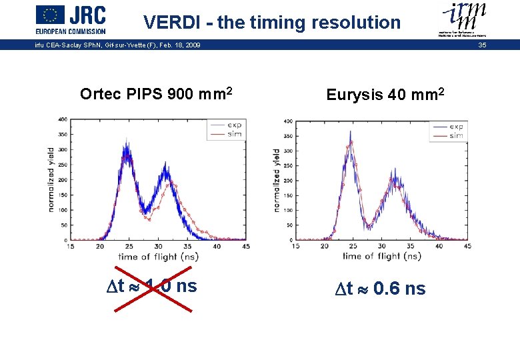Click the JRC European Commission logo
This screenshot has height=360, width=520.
(x=71, y=19)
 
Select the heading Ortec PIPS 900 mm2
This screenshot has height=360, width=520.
(x=156, y=93)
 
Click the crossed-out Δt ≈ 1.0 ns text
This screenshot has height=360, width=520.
(x=153, y=286)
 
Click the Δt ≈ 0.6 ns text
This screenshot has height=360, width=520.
(x=381, y=288)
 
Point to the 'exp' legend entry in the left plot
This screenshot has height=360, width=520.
(x=234, y=125)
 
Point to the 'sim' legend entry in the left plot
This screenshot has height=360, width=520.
(x=234, y=134)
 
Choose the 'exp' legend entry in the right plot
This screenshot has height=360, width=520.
(x=456, y=127)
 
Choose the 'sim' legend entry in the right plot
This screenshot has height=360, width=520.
(x=456, y=135)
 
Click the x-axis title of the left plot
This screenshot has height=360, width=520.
(x=157, y=256)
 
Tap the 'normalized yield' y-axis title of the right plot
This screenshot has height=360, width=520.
(x=277, y=180)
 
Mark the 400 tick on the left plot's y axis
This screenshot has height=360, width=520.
(x=62, y=119)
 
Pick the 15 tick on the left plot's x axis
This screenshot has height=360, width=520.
(x=71, y=246)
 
